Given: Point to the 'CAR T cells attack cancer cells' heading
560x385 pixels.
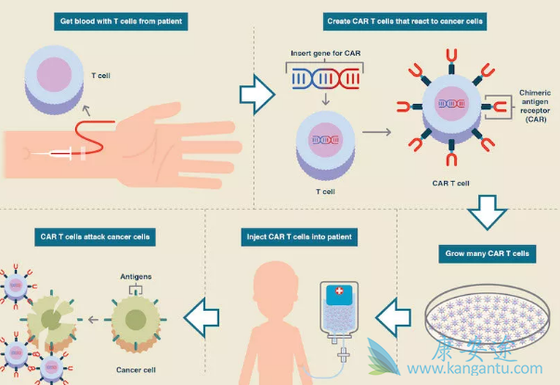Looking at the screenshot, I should point(93,236).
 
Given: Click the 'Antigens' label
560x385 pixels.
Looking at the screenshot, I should point(137,276).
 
